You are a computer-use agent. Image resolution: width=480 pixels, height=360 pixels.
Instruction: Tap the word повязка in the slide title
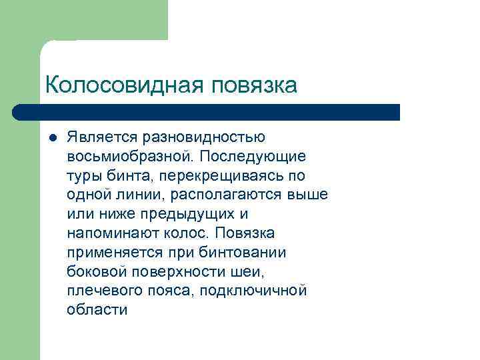253,85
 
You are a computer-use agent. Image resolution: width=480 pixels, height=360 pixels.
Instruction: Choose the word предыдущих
180,215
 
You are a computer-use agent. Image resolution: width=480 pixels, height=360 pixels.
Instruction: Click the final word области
97,311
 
